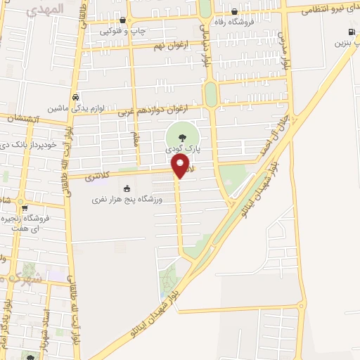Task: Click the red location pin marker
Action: click(x=180, y=166)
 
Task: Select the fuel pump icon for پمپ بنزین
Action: click(x=351, y=32)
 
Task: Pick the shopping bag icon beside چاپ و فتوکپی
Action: click(x=124, y=20)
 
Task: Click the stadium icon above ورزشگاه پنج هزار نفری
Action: click(x=127, y=188)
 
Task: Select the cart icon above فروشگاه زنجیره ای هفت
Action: click(x=24, y=207)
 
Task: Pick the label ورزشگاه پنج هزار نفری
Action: click(x=127, y=200)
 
